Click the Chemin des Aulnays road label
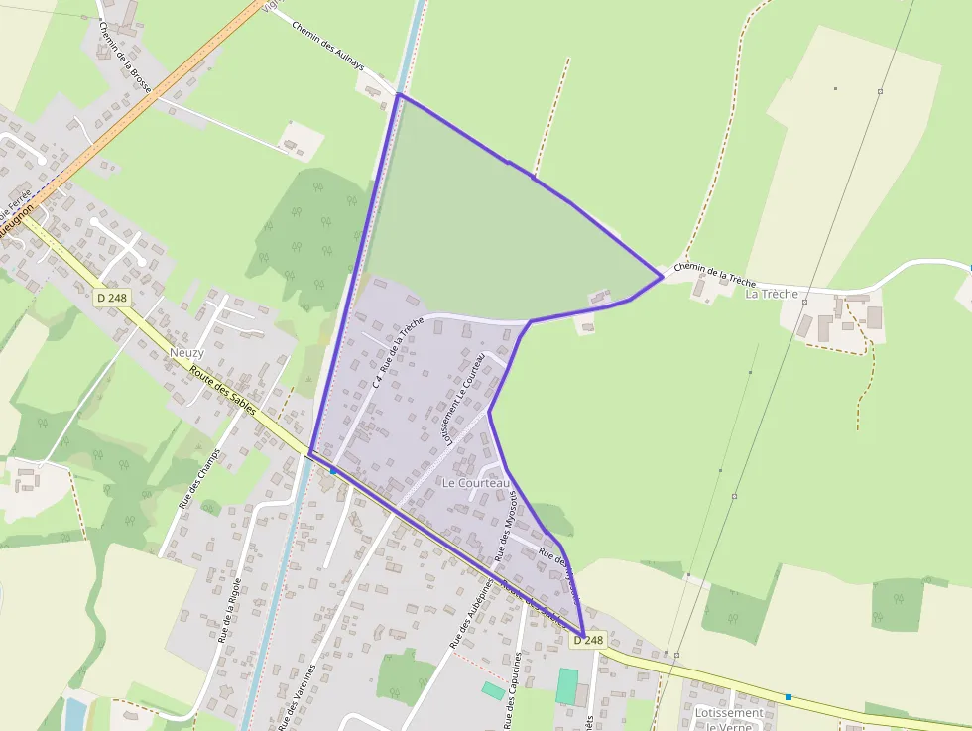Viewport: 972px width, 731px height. (x=328, y=46)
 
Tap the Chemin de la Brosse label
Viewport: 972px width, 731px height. (x=125, y=59)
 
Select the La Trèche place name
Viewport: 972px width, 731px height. (x=771, y=294)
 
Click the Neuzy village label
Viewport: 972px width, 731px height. (x=186, y=353)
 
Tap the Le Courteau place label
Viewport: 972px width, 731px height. (x=475, y=483)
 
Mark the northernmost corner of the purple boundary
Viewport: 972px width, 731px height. (x=399, y=95)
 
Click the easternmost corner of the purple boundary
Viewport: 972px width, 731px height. (x=662, y=277)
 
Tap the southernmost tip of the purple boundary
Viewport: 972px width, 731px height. (x=582, y=635)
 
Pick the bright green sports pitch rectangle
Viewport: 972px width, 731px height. (x=566, y=686)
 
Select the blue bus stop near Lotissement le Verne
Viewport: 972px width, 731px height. (x=789, y=697)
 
